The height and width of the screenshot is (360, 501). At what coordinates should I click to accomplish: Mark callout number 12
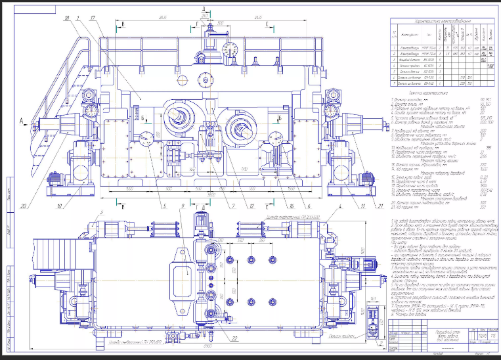(251, 206)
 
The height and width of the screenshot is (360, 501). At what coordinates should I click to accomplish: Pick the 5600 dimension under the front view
(209, 196)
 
